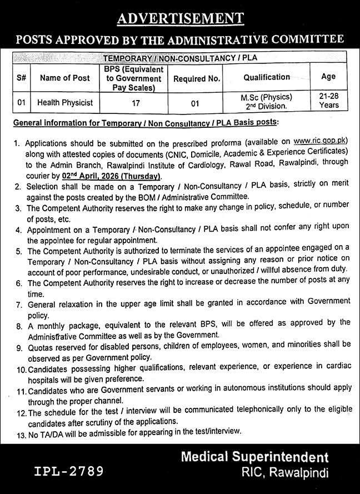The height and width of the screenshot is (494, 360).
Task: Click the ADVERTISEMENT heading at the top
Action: coord(180,20)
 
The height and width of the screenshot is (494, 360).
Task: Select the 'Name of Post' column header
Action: coord(64,78)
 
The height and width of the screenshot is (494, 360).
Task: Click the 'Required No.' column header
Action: coord(197,78)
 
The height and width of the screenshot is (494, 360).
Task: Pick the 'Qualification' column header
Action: coord(267,77)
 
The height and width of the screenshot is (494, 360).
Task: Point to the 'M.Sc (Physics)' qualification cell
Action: coord(267,97)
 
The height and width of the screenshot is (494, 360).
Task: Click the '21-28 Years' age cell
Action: coord(329,101)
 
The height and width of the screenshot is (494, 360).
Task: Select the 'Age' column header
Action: coord(329,77)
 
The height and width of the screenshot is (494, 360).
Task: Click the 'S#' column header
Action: coord(21,78)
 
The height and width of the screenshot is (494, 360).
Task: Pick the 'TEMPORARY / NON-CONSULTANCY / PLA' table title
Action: coord(179,57)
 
